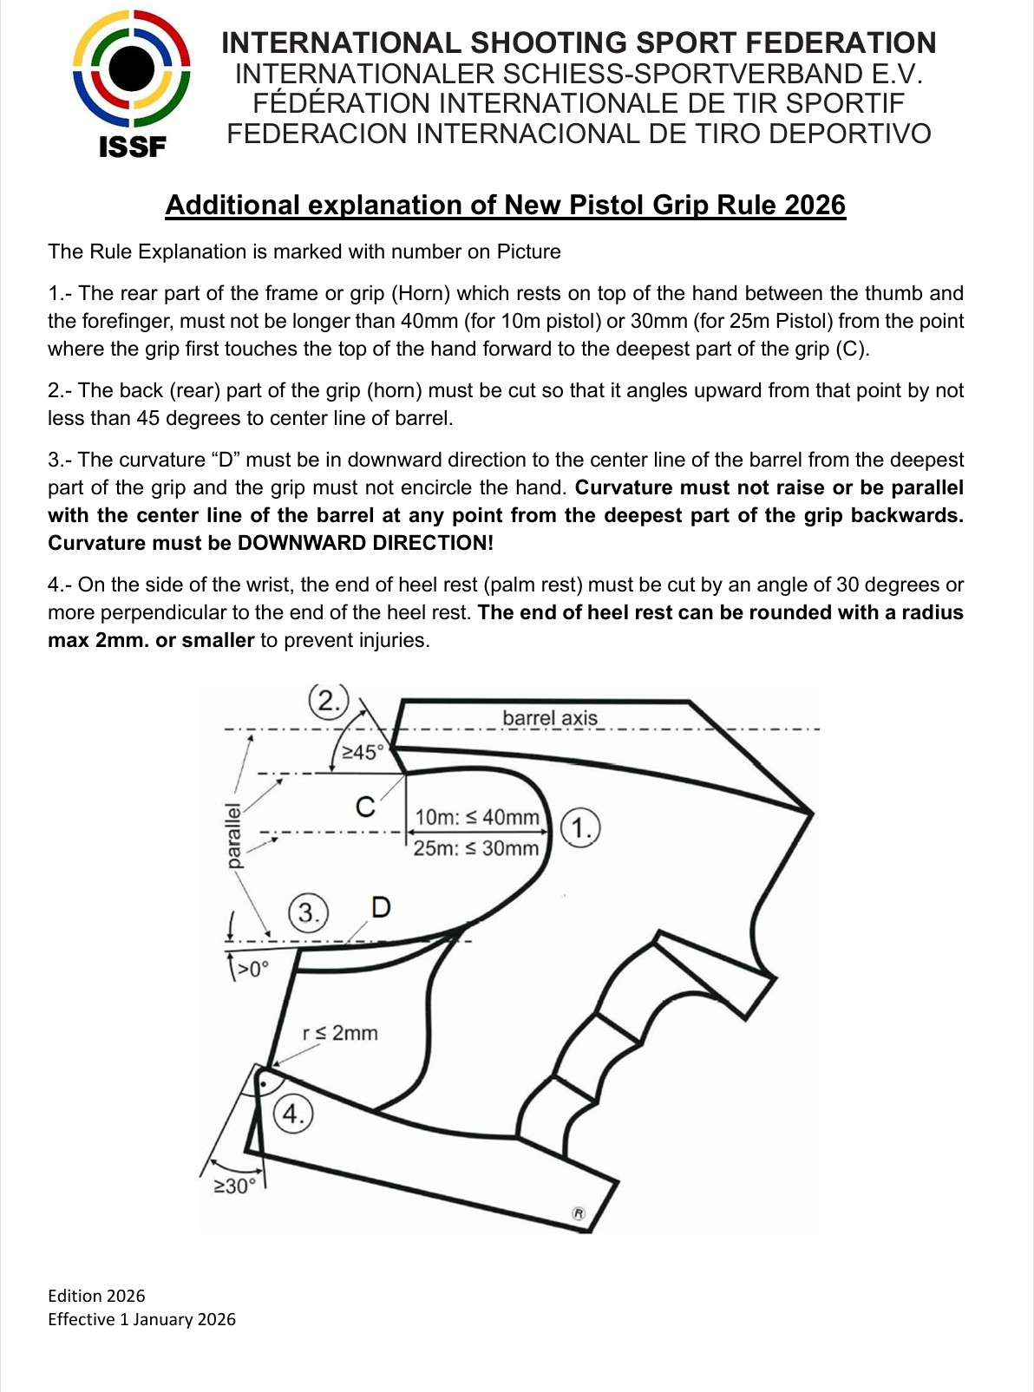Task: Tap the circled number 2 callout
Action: (328, 700)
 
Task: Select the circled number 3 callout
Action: (308, 912)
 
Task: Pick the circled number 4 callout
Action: (293, 1113)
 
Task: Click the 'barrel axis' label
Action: (550, 718)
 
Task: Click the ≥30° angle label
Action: (236, 1186)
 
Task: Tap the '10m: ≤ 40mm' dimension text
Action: (476, 817)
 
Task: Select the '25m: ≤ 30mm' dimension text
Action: (475, 848)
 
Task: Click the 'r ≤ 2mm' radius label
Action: (340, 1033)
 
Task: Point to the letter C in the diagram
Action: (366, 807)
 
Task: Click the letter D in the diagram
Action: (381, 907)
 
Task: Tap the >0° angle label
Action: (252, 969)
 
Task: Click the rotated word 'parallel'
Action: (233, 835)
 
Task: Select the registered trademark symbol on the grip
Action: (579, 1213)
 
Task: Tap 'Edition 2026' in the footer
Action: (96, 1296)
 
